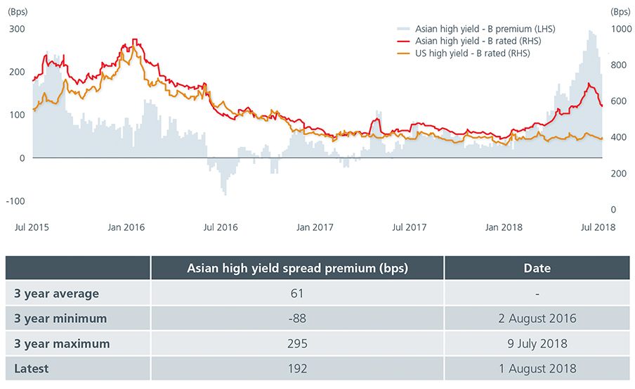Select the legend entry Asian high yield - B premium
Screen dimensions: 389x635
click(x=475, y=29)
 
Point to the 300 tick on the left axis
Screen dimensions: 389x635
click(x=16, y=29)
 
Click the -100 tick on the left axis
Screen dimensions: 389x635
click(x=15, y=201)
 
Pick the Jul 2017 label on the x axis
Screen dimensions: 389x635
click(x=409, y=227)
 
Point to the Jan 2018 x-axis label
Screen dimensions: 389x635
click(x=503, y=227)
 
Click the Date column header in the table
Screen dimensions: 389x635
click(x=537, y=268)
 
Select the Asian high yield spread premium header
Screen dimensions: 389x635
click(x=297, y=268)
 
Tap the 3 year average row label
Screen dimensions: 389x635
click(x=56, y=293)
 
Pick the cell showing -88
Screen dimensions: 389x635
click(x=297, y=319)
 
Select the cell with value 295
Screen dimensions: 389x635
click(x=297, y=344)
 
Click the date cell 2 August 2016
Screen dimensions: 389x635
click(x=537, y=319)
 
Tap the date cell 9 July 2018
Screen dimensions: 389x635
click(x=537, y=344)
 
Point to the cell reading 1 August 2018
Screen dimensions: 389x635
click(x=537, y=369)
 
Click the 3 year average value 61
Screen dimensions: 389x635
click(x=297, y=293)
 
